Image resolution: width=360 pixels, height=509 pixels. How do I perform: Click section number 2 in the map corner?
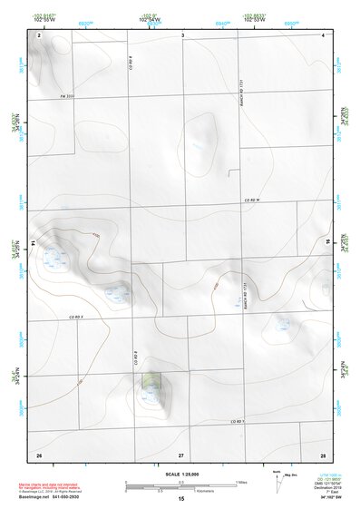pos(40,34)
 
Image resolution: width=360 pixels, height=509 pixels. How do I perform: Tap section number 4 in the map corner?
pos(323,34)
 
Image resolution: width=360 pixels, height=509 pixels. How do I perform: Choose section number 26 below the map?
pos(39,454)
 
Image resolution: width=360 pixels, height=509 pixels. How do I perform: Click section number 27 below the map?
pos(180,454)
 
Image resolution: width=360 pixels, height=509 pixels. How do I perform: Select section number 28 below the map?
pos(322,454)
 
